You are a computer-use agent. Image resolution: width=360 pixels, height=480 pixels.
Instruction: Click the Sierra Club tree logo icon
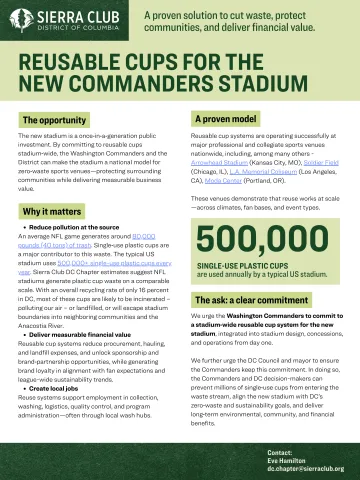click(x=27, y=19)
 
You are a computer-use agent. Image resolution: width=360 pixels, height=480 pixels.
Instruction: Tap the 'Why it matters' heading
click(x=51, y=212)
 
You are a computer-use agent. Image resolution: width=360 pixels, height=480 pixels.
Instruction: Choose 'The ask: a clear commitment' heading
click(x=254, y=301)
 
